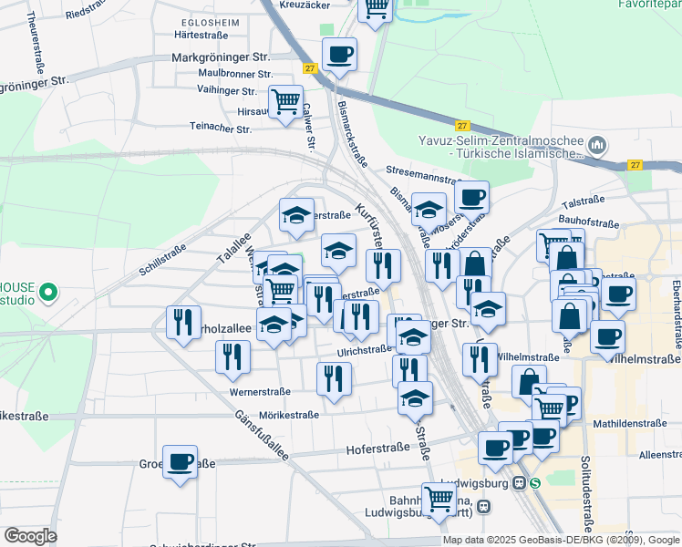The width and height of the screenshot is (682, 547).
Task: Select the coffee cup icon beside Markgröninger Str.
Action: (x=339, y=56)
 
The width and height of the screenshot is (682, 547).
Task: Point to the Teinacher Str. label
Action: (x=220, y=129)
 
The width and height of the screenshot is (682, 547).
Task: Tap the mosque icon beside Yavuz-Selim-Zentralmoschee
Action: (x=598, y=146)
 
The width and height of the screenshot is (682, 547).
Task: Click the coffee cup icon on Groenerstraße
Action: (x=180, y=461)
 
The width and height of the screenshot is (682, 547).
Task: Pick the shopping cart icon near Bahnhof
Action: (x=439, y=499)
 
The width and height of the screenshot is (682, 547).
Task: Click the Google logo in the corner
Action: (x=30, y=535)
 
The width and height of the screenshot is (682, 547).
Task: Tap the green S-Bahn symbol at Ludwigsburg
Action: (x=534, y=483)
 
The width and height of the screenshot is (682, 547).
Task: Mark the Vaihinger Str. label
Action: (x=227, y=91)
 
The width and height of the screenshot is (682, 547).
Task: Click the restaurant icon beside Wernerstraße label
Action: (x=334, y=377)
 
